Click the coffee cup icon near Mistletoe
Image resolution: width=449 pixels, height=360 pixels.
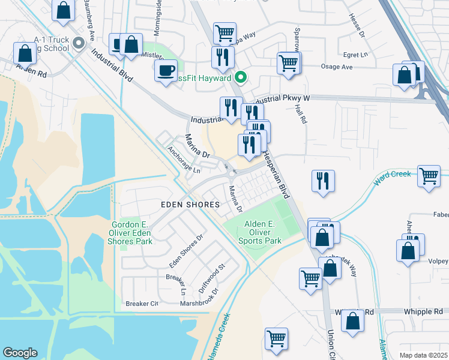click(166, 71)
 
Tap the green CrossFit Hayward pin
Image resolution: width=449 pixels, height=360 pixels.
click(241, 77)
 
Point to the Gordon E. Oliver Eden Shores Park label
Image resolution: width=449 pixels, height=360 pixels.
click(131, 233)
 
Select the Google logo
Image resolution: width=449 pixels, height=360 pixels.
click(20, 353)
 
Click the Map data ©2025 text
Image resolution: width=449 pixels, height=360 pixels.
click(423, 355)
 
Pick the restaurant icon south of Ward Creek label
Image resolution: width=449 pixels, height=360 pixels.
click(323, 181)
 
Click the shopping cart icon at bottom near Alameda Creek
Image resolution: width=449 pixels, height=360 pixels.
click(276, 339)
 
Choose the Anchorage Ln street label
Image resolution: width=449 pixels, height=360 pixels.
click(184, 160)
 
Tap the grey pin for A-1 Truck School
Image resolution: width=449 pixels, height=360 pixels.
click(79, 43)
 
